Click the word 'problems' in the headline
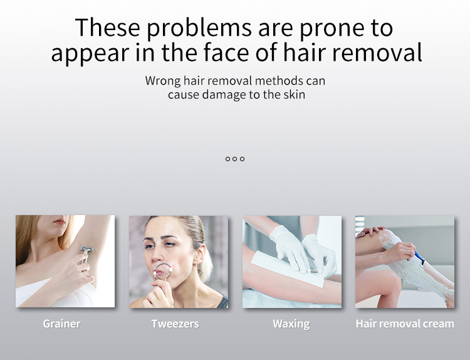point(186,29)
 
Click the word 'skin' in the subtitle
point(293,95)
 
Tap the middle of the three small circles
point(235,159)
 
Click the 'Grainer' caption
point(61,324)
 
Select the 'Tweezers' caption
point(175,324)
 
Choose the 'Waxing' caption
point(291,324)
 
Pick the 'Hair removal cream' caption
point(404,324)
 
